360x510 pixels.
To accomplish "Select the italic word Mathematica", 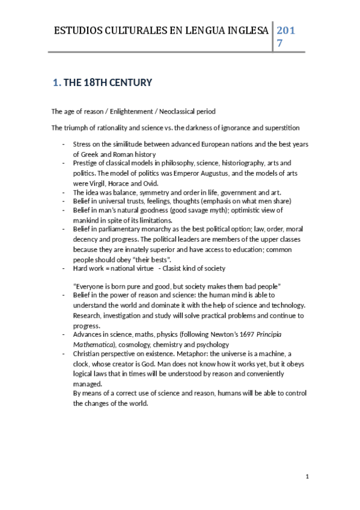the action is tap(93, 345).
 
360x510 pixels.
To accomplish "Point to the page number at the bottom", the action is tap(307, 478).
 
